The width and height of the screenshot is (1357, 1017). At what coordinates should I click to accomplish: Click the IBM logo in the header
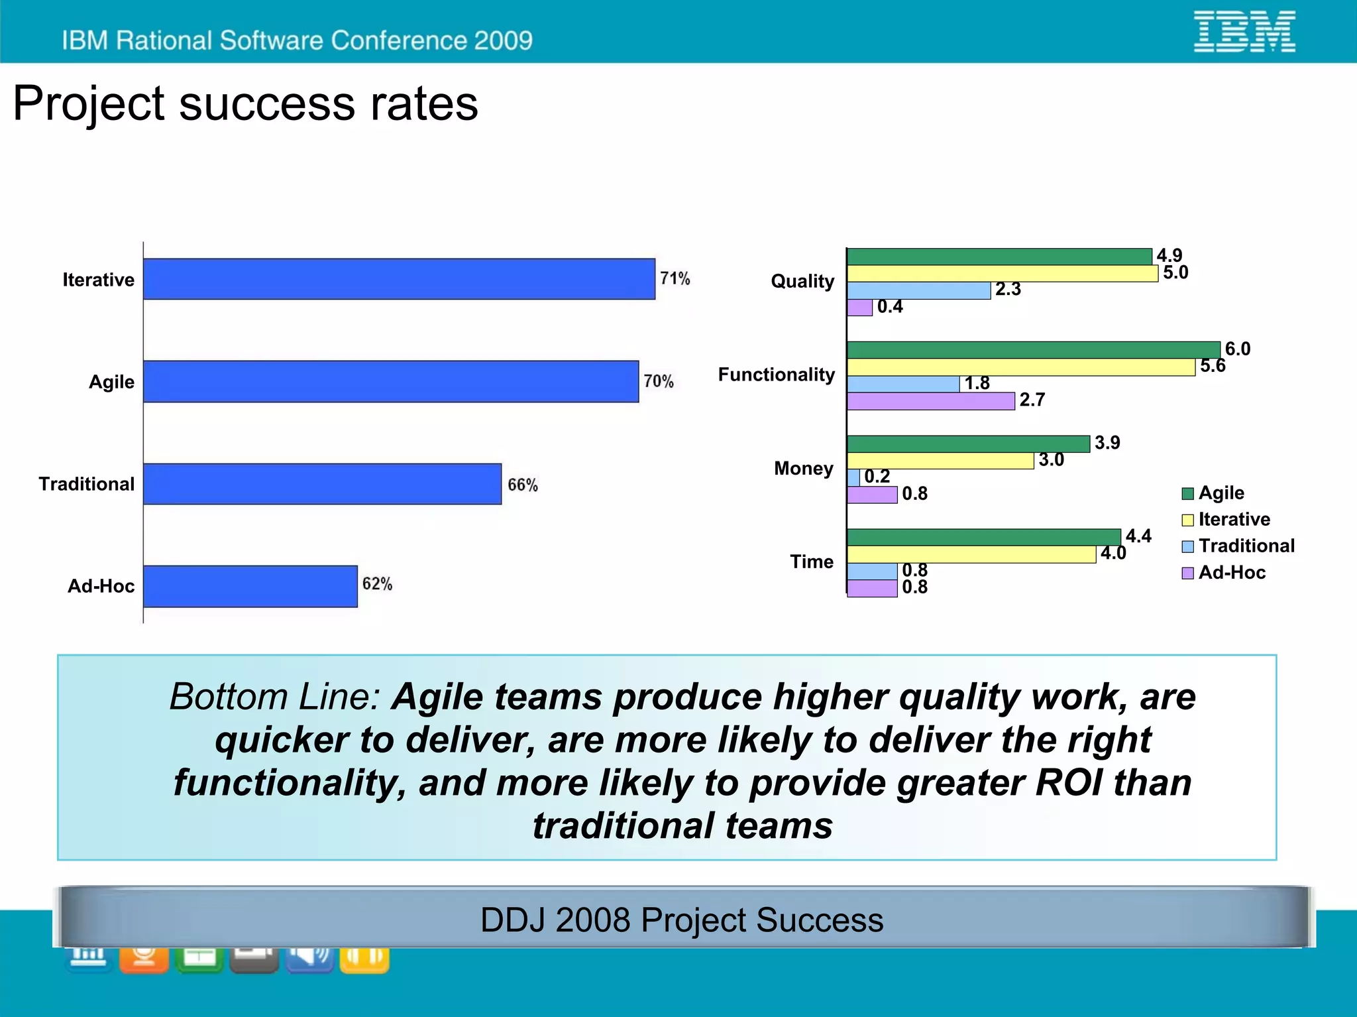click(1244, 31)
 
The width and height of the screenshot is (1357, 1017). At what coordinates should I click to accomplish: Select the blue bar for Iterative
click(399, 279)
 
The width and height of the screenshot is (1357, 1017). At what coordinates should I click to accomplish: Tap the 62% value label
click(377, 584)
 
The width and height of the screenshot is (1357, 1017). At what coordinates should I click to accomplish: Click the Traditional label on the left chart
click(86, 484)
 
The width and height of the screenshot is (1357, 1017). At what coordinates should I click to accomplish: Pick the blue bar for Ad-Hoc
click(250, 586)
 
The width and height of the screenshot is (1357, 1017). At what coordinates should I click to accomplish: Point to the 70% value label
click(658, 381)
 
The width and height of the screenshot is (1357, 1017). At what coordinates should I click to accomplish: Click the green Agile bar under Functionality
click(1033, 350)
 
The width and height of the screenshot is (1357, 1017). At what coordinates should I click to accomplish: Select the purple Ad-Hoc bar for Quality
click(859, 308)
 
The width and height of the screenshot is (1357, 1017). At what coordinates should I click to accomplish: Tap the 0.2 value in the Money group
click(877, 477)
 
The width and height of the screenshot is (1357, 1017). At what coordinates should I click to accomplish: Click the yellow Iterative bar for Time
click(971, 554)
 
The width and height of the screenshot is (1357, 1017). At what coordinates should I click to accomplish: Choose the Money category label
click(803, 468)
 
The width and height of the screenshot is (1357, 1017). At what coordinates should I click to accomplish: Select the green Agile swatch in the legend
click(1187, 493)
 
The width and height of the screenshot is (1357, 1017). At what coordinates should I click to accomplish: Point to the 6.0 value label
click(1237, 349)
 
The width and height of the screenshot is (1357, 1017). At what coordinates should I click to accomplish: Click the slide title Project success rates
click(245, 104)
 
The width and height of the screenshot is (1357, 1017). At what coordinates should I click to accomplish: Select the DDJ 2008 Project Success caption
click(681, 920)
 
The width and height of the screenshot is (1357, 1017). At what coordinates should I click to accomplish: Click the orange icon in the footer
click(144, 959)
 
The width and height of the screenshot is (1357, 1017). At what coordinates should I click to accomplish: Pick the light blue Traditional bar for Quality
click(918, 290)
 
